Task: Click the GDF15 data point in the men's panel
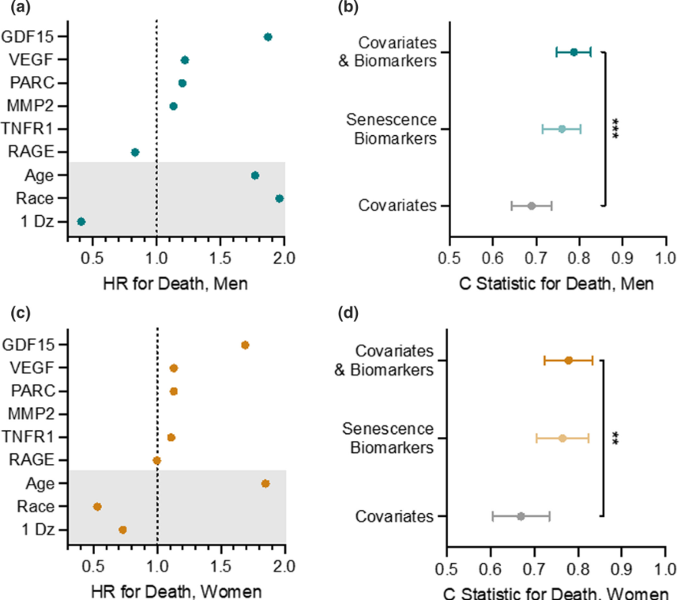[268, 37]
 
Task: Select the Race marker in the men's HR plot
[279, 198]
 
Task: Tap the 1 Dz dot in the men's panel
[81, 221]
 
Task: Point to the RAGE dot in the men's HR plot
[135, 152]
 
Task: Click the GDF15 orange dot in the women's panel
[245, 345]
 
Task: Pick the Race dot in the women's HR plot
[97, 507]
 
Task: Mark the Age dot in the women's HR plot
[265, 483]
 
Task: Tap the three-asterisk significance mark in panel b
[616, 129]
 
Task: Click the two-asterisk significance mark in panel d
[616, 437]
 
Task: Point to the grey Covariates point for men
[532, 206]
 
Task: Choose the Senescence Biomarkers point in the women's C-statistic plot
[562, 438]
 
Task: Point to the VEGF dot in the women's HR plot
[174, 368]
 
